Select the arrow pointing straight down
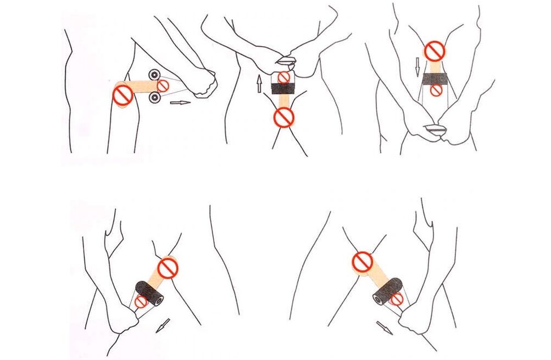417,67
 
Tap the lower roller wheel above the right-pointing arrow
154,98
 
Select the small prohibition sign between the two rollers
163,85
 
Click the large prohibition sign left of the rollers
122,95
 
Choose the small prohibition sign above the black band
283,77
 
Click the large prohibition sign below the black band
283,116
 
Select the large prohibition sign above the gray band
436,52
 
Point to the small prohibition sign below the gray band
436,91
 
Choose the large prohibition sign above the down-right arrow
363,262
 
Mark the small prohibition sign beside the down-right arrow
396,299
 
